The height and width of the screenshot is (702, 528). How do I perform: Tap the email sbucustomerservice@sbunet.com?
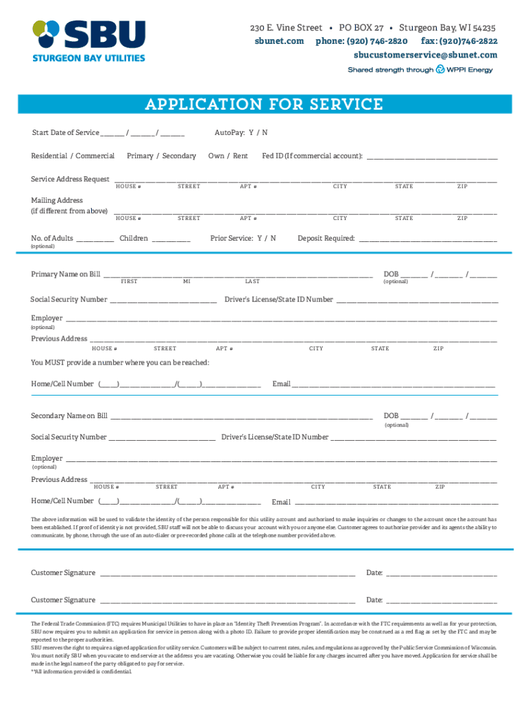pos(425,55)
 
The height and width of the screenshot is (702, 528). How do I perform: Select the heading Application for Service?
pos(264,105)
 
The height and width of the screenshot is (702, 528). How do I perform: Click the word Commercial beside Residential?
pos(95,156)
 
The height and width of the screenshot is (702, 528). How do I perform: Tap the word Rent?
pos(240,156)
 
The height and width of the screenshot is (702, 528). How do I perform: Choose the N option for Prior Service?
pos(273,239)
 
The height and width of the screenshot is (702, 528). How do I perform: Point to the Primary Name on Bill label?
pos(65,275)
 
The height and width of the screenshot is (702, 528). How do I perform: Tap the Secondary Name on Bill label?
pos(69,416)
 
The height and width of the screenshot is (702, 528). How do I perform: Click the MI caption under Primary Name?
pos(187,282)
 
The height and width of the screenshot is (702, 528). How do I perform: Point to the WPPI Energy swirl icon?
pos(440,69)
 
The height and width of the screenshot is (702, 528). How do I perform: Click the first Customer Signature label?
pos(63,573)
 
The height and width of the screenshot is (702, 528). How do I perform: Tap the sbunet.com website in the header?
pos(279,41)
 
